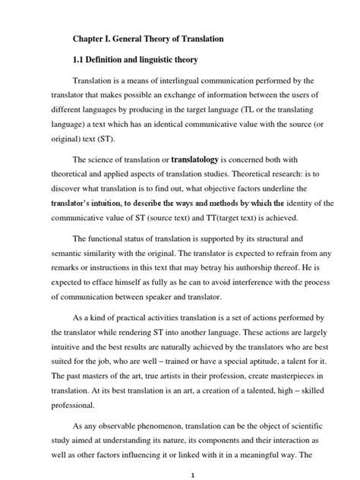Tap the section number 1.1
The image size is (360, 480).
click(x=80, y=58)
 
